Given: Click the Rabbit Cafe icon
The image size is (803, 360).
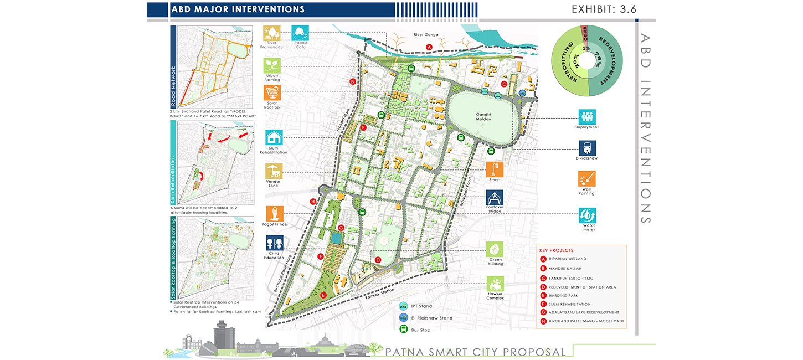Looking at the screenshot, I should click(301, 33).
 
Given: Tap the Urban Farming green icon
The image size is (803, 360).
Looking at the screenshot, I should click(271, 66).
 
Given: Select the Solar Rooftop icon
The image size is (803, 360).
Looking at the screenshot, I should click(272, 93).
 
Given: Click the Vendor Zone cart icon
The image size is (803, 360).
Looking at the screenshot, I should click(274, 171).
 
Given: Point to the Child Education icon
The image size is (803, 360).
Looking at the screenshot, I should click(275, 243).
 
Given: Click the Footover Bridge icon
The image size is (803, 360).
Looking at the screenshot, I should click(495, 198).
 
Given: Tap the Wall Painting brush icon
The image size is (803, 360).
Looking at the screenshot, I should click(587, 179).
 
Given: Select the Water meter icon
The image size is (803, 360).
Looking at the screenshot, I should click(587, 215).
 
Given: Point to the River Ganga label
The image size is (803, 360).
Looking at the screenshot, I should click(426, 35).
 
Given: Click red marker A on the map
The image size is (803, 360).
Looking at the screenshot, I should click(429, 48).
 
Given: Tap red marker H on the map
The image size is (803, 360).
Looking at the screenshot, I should click(313, 202).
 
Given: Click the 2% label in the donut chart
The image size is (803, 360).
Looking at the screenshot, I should click(586, 49).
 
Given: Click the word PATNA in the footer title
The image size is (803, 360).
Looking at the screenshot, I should click(405, 352).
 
